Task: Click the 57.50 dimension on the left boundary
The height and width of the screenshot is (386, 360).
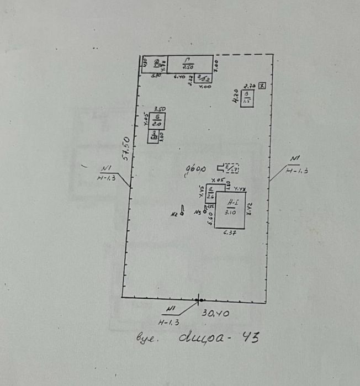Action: coord(126,148)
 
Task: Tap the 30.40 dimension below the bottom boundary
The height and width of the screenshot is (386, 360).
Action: coord(216,313)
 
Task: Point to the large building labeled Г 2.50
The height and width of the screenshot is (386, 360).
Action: coord(189,64)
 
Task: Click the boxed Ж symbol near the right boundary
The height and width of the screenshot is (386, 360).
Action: coord(262,85)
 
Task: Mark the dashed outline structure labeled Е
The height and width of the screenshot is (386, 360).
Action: coord(231,168)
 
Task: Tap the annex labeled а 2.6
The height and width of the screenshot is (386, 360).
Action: coord(211,193)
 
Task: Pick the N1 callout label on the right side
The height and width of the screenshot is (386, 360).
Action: coord(294,160)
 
